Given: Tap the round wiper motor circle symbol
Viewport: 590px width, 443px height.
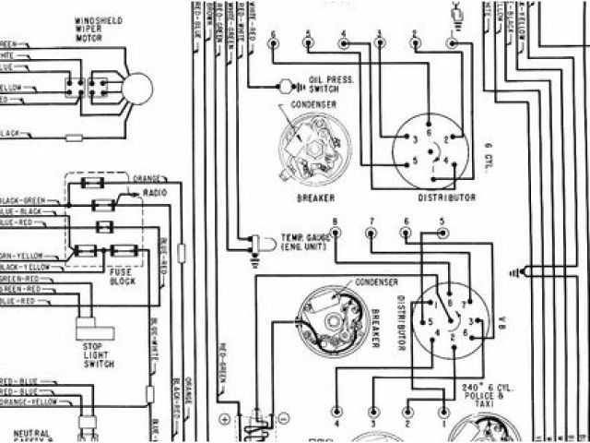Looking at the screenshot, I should pos(137,88).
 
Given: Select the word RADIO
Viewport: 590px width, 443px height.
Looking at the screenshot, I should pos(155,195).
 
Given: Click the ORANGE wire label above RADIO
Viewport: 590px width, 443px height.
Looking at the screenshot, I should pos(148,178).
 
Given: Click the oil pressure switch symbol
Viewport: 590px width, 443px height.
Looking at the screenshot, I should pos(285,86).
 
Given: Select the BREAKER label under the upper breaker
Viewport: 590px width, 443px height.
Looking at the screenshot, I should pos(316,198).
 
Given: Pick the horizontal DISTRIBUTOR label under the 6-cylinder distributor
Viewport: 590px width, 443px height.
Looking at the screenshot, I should pos(447,198).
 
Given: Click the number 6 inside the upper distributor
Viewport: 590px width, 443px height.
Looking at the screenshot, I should pos(428,132).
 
